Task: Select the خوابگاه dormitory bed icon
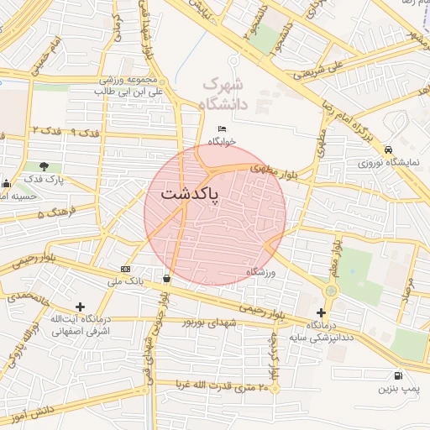[x=223, y=128]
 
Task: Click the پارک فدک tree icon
[x=44, y=165]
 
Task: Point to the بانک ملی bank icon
[x=126, y=269]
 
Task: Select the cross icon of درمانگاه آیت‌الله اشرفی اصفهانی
[x=80, y=307]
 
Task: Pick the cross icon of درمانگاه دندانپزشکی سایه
[x=321, y=312]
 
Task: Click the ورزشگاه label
[x=261, y=272]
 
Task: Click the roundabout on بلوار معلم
[x=330, y=291]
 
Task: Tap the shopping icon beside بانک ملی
[x=166, y=278]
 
